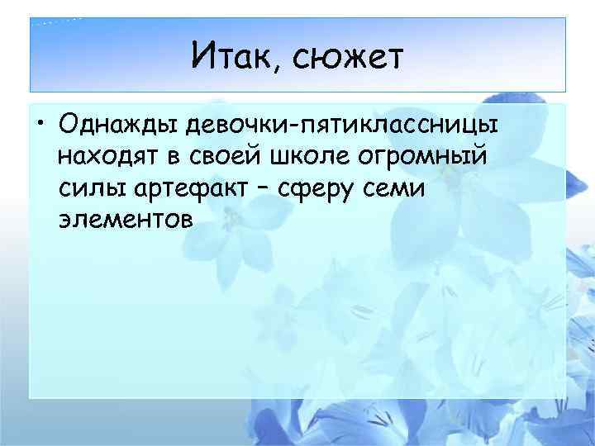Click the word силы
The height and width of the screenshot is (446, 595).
tap(88, 188)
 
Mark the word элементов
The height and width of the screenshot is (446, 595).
tap(125, 220)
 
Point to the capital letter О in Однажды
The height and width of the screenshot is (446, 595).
tap(69, 126)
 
